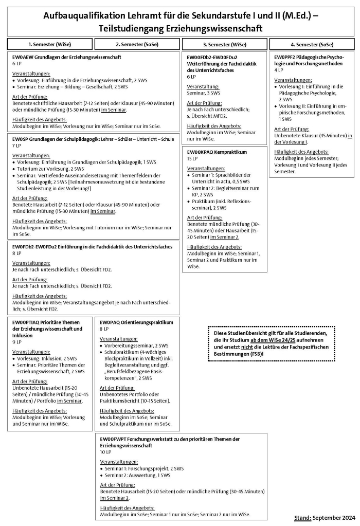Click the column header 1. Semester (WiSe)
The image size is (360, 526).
click(50, 44)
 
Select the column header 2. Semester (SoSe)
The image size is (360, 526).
click(137, 44)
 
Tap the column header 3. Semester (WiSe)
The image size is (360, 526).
click(224, 44)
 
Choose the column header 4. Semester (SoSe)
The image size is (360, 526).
click(312, 44)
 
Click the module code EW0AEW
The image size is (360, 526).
click(22, 57)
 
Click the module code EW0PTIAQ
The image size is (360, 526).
click(25, 322)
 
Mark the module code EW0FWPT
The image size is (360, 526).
click(113, 439)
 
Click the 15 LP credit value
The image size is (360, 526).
click(191, 159)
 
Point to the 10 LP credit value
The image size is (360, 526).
click(105, 452)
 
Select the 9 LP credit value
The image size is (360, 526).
click(15, 341)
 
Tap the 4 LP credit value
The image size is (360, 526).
click(278, 70)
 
